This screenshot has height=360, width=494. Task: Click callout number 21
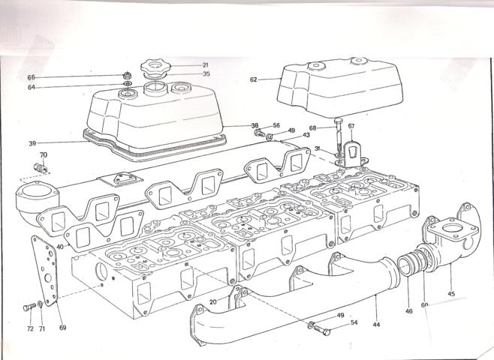(x=184, y=64)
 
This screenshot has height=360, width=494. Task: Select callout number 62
(x=254, y=79)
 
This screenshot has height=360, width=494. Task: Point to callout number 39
(x=32, y=142)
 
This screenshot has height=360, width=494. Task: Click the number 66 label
(x=32, y=77)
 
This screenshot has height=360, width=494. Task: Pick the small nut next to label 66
(x=127, y=76)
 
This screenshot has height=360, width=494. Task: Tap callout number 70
(x=44, y=155)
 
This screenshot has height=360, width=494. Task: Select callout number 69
(x=62, y=328)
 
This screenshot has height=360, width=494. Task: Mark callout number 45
(x=451, y=292)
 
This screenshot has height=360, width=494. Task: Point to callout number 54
(x=354, y=322)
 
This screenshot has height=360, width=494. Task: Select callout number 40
(x=59, y=247)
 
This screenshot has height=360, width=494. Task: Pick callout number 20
(x=213, y=301)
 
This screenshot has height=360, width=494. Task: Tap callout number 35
(x=185, y=74)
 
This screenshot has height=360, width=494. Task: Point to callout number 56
(x=276, y=126)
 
